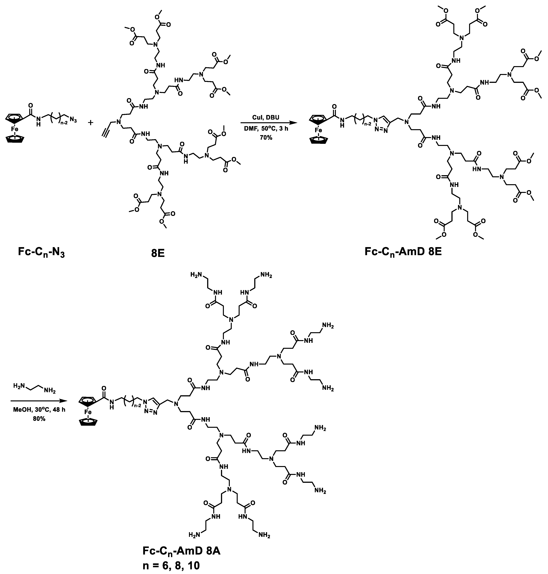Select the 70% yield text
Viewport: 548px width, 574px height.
(x=266, y=137)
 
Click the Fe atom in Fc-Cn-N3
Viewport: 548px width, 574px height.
(x=15, y=129)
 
